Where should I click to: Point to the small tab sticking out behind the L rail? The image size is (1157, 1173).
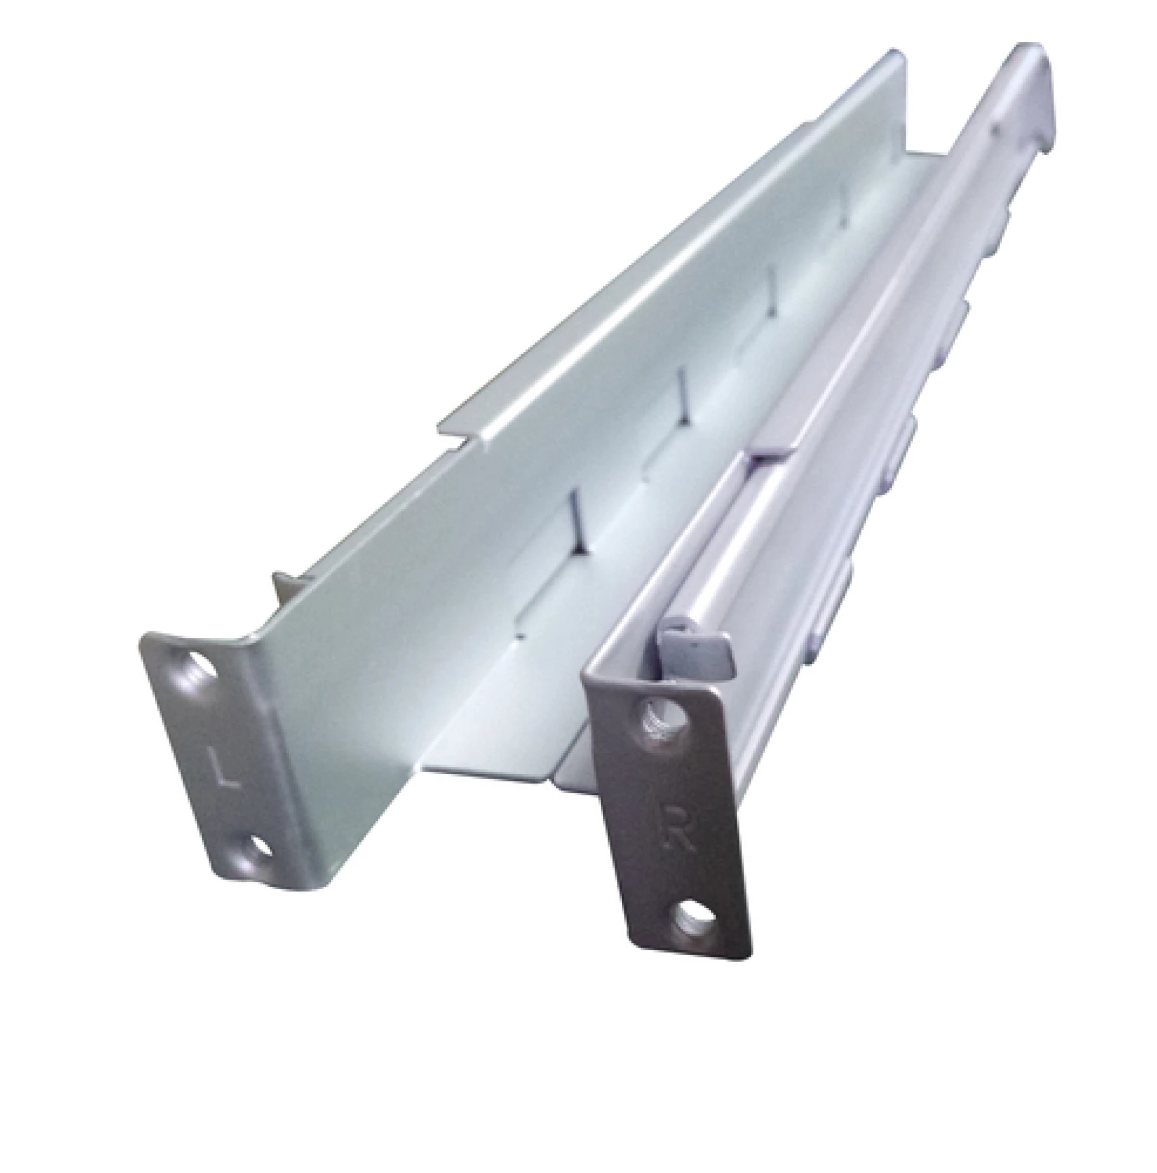point(284,584)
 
